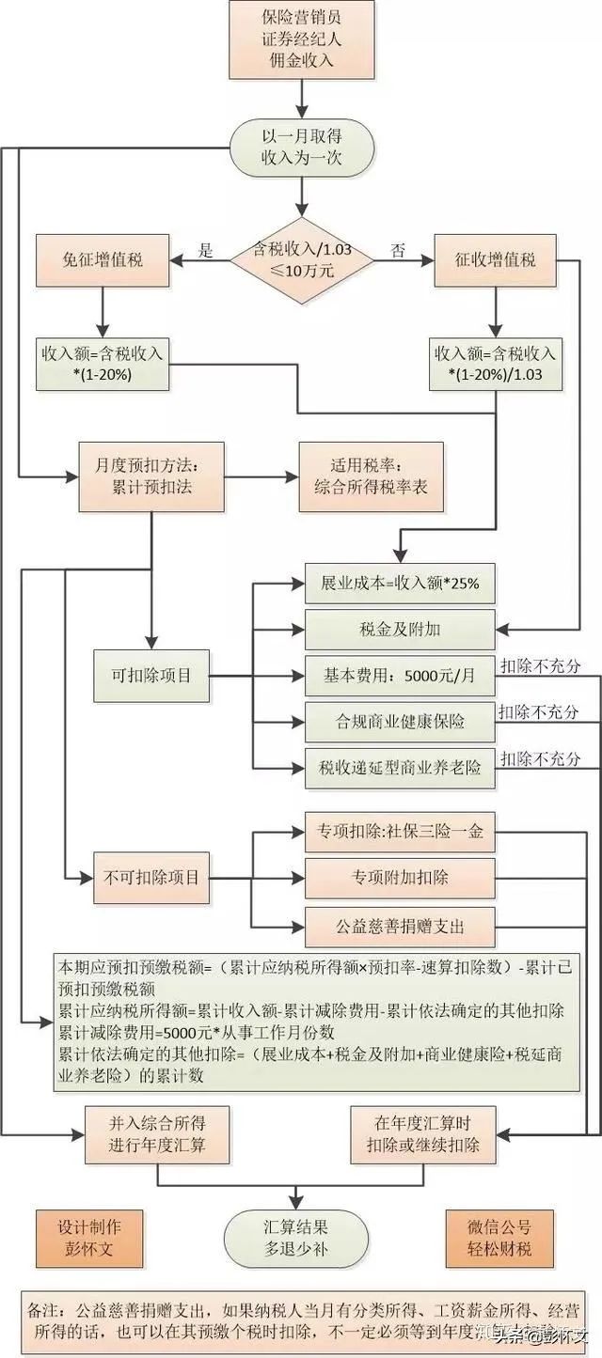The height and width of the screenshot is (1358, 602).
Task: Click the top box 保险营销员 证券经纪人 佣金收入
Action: tap(301, 39)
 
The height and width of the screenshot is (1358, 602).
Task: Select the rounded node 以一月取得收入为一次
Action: tap(301, 148)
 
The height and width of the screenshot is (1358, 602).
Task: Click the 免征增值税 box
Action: tap(103, 260)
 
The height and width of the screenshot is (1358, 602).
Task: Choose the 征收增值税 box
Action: tap(496, 260)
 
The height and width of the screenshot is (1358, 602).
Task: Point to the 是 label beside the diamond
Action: tap(208, 250)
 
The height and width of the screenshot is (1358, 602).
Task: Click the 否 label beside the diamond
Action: tap(398, 250)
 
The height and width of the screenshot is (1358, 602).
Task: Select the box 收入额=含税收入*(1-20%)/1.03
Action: tap(496, 364)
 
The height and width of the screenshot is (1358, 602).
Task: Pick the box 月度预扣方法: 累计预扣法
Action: tap(151, 476)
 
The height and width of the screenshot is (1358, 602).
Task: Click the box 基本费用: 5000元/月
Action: tap(400, 675)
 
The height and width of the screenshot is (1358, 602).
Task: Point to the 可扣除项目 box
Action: tap(150, 675)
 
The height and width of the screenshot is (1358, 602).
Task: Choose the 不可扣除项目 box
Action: tap(150, 879)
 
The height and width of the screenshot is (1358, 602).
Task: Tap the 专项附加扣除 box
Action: tap(400, 878)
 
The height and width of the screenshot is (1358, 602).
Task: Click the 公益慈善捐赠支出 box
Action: tap(400, 925)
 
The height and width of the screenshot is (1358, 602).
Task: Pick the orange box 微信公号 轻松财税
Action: tap(499, 1237)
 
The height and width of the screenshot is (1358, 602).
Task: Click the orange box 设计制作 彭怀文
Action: tap(90, 1237)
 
